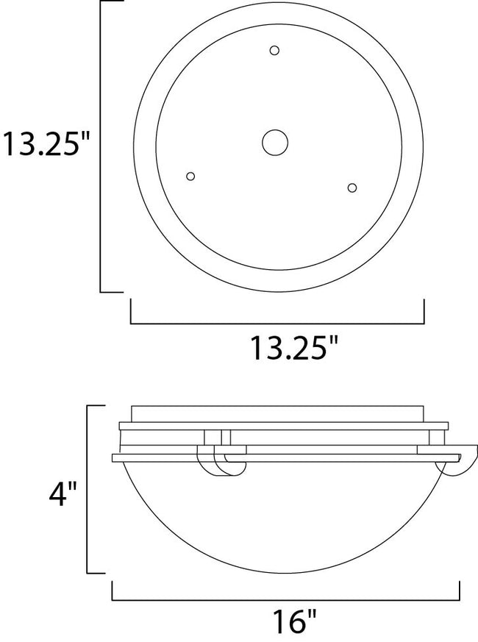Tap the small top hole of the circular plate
[274, 51]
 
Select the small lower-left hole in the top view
[191, 176]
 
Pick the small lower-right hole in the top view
[352, 188]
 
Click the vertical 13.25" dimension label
[49, 144]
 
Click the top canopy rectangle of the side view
[277, 413]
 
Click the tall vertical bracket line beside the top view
[101, 146]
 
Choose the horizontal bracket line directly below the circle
[277, 322]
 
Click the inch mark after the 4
[75, 487]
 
